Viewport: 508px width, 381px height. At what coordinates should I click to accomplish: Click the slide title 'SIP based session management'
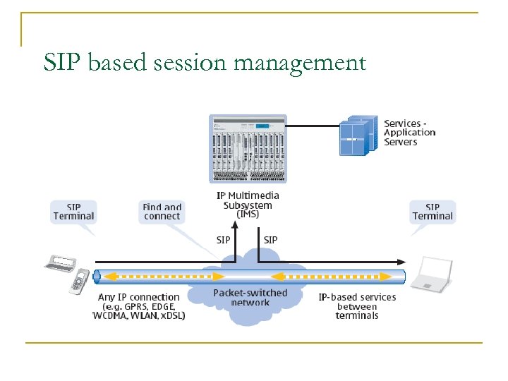point(205,63)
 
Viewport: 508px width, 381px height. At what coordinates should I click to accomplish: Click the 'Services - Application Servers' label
point(409,133)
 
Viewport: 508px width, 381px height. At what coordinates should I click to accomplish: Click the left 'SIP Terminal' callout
point(73,212)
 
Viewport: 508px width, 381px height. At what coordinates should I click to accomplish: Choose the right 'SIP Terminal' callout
point(433,212)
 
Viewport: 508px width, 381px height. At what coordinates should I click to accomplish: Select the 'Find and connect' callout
point(162,212)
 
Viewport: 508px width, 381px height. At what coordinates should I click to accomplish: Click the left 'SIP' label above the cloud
point(224,240)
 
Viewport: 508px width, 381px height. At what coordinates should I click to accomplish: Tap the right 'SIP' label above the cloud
point(270,240)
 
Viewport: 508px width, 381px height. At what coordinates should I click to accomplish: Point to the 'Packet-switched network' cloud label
point(250,297)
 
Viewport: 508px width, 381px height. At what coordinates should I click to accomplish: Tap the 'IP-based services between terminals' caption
point(357,306)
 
